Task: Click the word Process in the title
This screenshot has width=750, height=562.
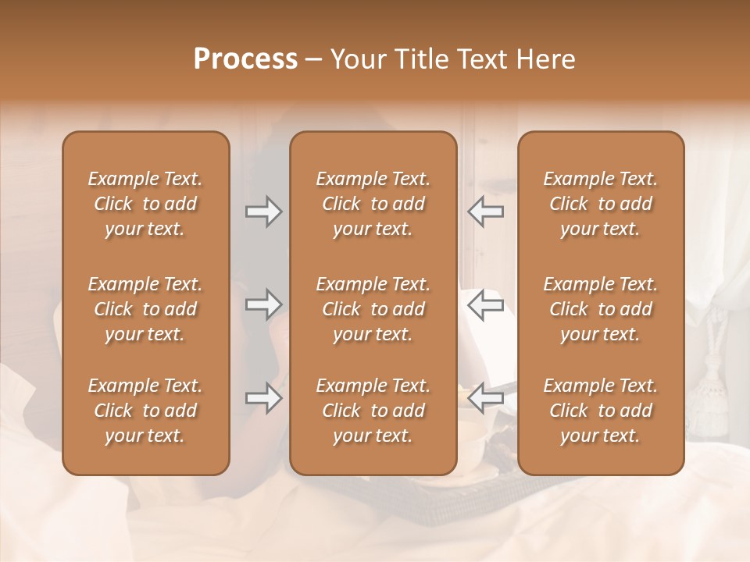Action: pos(245,59)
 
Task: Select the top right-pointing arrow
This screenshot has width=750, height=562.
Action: pos(263,212)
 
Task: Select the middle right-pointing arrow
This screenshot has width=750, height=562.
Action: pos(263,304)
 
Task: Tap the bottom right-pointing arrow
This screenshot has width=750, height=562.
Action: pos(263,399)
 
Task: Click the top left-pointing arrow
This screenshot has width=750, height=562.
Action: pos(486,212)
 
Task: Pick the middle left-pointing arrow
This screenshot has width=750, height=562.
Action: pos(486,304)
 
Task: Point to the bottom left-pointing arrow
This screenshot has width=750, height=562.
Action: pos(486,399)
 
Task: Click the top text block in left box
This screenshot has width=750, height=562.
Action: pos(145,204)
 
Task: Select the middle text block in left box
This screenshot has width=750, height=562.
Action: pos(145,309)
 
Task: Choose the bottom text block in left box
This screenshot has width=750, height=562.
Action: pos(145,411)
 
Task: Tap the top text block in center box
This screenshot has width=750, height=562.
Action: pos(373,204)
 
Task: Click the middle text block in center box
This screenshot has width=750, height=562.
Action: pos(373,309)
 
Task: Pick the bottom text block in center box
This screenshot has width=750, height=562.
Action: pos(373,411)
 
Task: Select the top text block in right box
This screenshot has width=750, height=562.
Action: pos(601,204)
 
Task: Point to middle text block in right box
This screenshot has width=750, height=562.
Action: pos(601,309)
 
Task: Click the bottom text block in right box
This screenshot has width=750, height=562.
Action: pos(601,411)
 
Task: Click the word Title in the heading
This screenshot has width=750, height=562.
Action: pos(420,59)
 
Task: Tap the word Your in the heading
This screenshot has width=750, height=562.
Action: pos(359,59)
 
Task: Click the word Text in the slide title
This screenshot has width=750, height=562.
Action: pos(480,59)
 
